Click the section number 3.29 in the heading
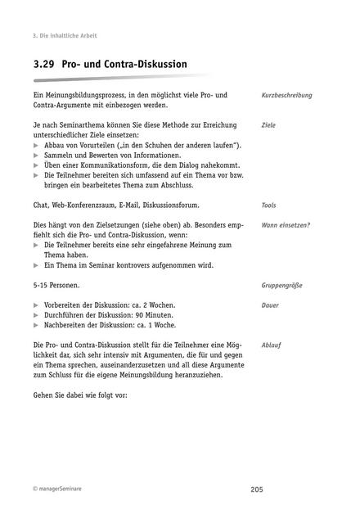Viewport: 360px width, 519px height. click(x=44, y=64)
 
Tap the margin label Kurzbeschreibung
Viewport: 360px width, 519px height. click(x=286, y=96)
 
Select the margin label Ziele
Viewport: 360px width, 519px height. click(x=268, y=125)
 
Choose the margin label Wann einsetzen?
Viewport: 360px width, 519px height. click(x=286, y=224)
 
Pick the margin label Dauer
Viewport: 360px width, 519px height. click(x=270, y=305)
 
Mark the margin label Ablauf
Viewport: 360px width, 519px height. click(x=271, y=345)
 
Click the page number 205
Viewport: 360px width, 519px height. click(x=257, y=489)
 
